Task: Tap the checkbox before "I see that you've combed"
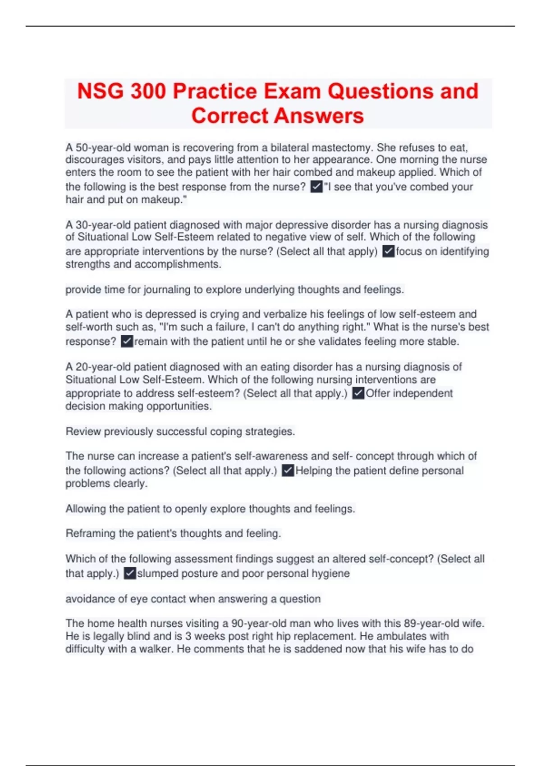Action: [x=316, y=187]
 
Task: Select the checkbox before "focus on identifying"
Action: [x=388, y=251]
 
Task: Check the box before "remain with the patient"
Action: [x=127, y=341]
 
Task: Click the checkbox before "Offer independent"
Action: [x=358, y=393]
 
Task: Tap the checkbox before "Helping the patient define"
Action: [x=288, y=470]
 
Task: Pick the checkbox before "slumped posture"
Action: [x=129, y=573]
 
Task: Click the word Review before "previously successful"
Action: [x=83, y=431]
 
